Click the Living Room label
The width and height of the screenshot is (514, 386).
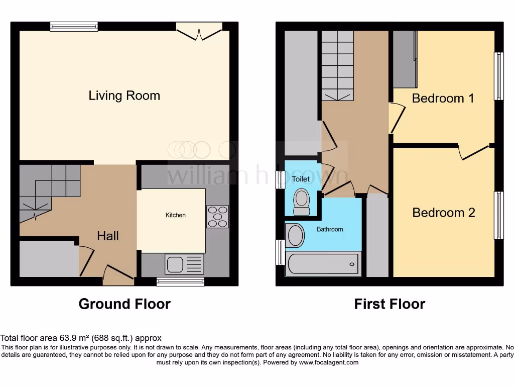point(124,95)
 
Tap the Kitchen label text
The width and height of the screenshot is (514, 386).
point(176,215)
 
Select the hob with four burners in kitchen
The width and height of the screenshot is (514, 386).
point(217,217)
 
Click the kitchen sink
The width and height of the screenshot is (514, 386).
point(184,264)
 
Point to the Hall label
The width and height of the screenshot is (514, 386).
point(108,236)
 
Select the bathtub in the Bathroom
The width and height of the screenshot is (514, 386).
point(323,264)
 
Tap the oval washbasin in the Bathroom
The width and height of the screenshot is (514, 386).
point(295,236)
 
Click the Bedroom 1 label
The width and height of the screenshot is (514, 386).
point(443,98)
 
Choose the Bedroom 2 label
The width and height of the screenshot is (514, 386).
point(443,213)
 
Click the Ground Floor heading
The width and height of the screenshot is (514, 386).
point(124,304)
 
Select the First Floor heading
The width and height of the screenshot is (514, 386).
point(390,304)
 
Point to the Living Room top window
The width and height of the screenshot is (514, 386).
point(74,27)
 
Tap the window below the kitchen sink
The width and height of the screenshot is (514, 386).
point(180,282)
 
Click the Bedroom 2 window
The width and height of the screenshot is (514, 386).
point(499,215)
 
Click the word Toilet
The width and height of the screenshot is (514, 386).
point(301,179)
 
